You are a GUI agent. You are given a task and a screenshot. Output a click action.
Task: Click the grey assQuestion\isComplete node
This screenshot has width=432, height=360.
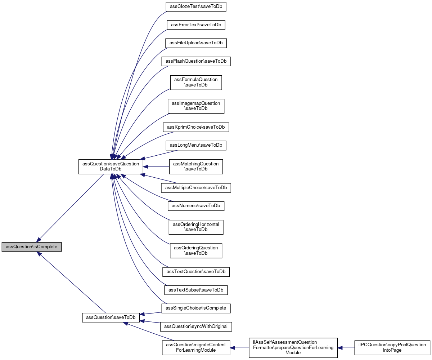31,247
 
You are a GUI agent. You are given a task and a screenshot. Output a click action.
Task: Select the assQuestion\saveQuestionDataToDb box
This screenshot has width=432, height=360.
111,166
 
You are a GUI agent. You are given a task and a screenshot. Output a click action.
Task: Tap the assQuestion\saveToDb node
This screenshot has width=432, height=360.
111,317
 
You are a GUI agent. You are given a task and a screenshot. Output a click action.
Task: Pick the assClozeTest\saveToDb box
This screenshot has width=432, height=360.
196,6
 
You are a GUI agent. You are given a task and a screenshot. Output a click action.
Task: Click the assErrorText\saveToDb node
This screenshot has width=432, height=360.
196,25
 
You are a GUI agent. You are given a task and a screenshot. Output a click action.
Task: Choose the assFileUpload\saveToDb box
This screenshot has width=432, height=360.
196,43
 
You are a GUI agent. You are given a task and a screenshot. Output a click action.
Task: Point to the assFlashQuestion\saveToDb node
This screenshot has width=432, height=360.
196,62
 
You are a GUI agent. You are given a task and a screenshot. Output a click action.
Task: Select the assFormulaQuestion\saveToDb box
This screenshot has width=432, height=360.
196,83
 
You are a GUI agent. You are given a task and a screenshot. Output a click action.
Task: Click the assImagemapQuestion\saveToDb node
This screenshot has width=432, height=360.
196,106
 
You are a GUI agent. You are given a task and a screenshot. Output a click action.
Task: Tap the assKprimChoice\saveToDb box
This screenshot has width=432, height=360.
196,127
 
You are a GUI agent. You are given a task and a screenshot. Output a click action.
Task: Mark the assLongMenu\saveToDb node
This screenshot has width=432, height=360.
196,146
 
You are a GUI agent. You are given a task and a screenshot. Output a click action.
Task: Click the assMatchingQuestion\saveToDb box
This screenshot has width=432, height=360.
196,166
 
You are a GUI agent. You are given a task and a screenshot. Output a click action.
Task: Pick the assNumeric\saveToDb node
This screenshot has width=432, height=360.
196,206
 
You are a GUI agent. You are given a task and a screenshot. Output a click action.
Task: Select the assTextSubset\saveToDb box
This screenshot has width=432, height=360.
196,290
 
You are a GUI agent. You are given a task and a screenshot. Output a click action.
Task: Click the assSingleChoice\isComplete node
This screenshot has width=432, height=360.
196,308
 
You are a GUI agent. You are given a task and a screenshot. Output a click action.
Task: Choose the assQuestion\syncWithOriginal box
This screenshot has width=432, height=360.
196,326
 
